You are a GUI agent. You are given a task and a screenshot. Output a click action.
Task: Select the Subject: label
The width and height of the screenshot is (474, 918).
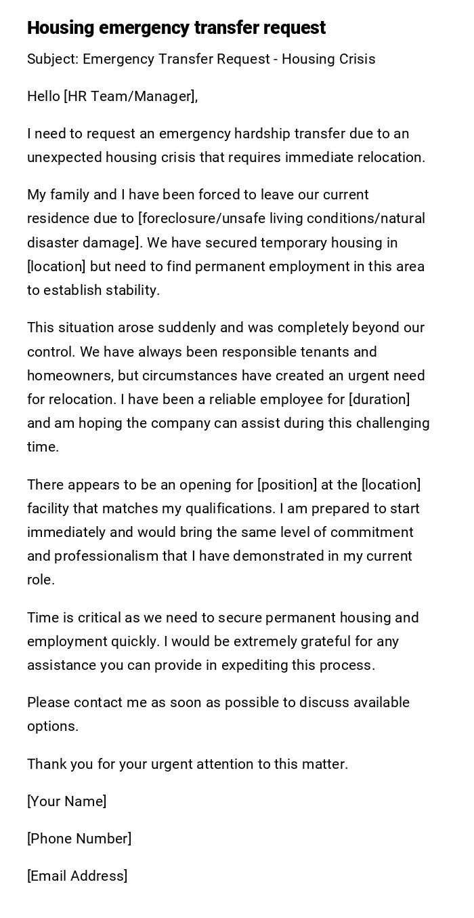[53, 59]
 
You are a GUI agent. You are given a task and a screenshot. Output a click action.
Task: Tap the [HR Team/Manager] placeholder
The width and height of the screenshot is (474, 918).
[129, 96]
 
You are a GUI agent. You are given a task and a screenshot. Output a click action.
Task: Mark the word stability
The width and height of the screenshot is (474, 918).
[135, 290]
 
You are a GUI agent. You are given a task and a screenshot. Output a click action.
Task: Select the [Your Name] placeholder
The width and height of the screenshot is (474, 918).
[66, 801]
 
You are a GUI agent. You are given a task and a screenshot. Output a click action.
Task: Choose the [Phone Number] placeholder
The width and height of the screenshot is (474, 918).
[79, 839]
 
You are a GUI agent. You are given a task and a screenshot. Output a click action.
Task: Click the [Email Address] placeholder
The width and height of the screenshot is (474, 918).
[77, 876]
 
